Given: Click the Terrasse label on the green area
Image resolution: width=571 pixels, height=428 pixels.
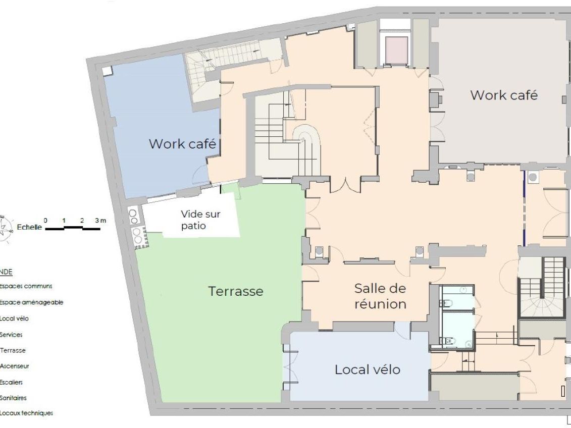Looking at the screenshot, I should (x=236, y=291).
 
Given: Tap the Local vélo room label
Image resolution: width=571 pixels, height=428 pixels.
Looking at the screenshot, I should (x=367, y=369).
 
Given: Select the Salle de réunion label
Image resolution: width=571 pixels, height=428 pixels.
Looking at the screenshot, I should (x=380, y=296).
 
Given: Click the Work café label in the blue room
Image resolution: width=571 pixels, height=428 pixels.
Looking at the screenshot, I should (x=182, y=144).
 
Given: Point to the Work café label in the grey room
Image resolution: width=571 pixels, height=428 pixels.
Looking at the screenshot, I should (x=504, y=95).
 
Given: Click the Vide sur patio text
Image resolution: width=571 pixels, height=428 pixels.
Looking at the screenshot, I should (x=200, y=220).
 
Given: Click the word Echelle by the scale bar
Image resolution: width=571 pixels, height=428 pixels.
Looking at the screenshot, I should (x=29, y=227).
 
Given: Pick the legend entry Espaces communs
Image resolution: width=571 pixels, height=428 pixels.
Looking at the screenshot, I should (x=26, y=286).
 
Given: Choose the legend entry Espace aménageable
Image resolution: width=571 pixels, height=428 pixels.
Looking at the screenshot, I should (x=31, y=302).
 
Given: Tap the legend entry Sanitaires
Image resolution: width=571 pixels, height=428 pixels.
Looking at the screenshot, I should (x=13, y=398).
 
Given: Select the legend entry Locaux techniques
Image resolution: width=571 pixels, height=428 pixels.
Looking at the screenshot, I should (x=26, y=413).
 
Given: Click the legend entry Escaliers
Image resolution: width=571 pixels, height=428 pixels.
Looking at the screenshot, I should (x=12, y=382).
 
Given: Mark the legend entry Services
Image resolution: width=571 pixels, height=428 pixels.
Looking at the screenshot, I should (x=12, y=335).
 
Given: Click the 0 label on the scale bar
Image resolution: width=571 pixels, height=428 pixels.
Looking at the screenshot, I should (x=46, y=221).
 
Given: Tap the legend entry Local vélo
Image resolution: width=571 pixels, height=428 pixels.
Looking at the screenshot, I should (x=14, y=318).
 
